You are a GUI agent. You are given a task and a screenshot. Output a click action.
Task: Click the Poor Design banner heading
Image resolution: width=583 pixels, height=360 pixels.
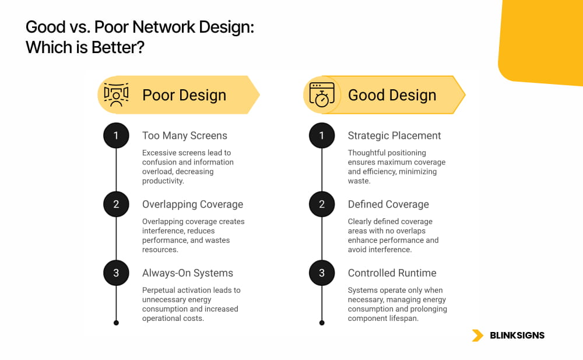(x=184, y=95)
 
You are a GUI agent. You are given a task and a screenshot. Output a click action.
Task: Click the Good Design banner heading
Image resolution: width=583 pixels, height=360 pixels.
(x=392, y=95)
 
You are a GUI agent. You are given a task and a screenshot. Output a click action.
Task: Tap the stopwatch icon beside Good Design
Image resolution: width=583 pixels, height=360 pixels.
(x=322, y=95)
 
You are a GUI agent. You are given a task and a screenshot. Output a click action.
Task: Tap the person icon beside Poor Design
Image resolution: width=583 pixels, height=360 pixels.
(x=116, y=95)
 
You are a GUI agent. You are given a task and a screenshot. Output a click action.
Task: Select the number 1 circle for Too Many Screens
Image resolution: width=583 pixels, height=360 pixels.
(x=116, y=136)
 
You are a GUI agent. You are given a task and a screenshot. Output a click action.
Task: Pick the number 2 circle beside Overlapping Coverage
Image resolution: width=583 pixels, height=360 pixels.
(x=116, y=204)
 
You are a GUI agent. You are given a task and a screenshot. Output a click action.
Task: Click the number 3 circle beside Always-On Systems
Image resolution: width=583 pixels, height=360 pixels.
(x=116, y=273)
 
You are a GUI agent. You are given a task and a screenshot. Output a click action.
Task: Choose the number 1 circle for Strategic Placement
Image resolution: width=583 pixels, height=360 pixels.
(x=322, y=136)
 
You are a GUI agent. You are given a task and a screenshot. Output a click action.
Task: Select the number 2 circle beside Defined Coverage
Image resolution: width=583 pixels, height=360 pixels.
(x=322, y=204)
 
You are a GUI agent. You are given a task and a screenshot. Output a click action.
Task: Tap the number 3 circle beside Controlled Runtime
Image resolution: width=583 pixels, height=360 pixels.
(x=322, y=273)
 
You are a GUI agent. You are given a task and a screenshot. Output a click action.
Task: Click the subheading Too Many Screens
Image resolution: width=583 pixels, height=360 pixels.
(x=184, y=136)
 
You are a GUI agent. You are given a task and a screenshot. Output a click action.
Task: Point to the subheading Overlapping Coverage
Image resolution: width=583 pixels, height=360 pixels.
(x=192, y=204)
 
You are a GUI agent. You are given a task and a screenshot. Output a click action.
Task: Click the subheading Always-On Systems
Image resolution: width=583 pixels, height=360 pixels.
(x=187, y=273)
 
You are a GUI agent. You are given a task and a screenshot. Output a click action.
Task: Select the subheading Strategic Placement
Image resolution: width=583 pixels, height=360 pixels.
(x=394, y=136)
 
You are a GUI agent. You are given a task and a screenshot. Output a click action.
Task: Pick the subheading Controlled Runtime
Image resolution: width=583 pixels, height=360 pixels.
(x=392, y=273)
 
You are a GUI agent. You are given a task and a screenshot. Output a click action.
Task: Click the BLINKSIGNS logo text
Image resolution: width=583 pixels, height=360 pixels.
(x=517, y=335)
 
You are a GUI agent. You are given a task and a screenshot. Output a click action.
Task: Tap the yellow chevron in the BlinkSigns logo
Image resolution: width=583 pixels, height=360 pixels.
(x=478, y=335)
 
